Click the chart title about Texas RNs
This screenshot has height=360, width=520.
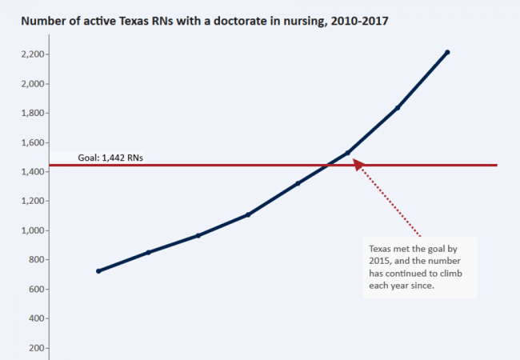coord(205,21)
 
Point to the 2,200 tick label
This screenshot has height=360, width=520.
coord(30,54)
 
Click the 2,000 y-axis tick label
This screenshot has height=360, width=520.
coord(30,84)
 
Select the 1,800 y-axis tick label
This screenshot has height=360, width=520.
coord(30,113)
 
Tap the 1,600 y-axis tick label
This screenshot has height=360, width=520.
coord(30,142)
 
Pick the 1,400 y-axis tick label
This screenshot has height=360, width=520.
coord(30,172)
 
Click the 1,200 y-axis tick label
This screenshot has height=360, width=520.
coord(30,202)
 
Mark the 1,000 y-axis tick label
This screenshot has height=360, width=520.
coord(30,230)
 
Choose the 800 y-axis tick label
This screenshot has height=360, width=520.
coord(34,260)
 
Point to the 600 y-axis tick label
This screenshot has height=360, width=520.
coord(34,290)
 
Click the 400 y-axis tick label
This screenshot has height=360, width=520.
coord(34,318)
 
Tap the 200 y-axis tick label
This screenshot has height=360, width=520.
coord(34,348)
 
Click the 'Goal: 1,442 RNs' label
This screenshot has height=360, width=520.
coord(110,158)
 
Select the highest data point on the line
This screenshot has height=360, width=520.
coord(447,52)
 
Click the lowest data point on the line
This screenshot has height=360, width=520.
coord(98,271)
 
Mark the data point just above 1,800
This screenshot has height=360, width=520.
coord(398,107)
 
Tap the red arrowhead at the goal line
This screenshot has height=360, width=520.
coord(358,163)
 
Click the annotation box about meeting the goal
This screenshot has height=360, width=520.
coord(419,267)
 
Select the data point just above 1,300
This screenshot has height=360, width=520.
coord(298,183)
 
